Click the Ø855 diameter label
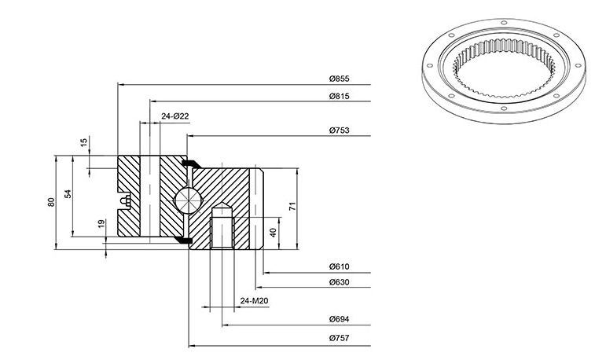339,79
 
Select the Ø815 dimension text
339,96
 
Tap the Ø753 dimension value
339,130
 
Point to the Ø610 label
339,266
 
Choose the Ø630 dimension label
339,282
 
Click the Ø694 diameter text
339,319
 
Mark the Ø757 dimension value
339,338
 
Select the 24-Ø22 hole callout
175,116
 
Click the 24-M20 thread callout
254,300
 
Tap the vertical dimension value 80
51,202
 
